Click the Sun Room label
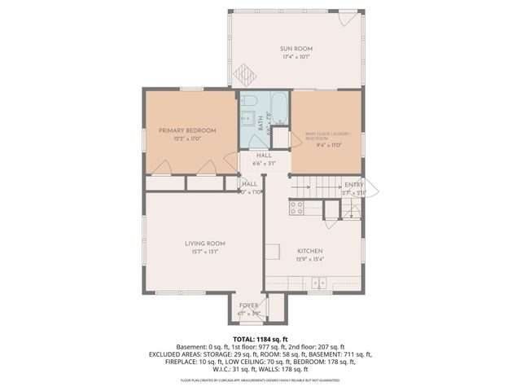(x=296, y=49)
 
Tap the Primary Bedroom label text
(x=187, y=130)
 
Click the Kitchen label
(x=310, y=251)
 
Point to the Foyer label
(x=248, y=305)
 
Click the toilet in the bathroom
(x=249, y=103)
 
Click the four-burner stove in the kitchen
(x=297, y=207)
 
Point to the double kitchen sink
(x=317, y=283)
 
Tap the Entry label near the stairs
(x=354, y=185)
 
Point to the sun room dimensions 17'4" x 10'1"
(x=296, y=58)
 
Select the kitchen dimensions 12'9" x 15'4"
(x=310, y=260)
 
